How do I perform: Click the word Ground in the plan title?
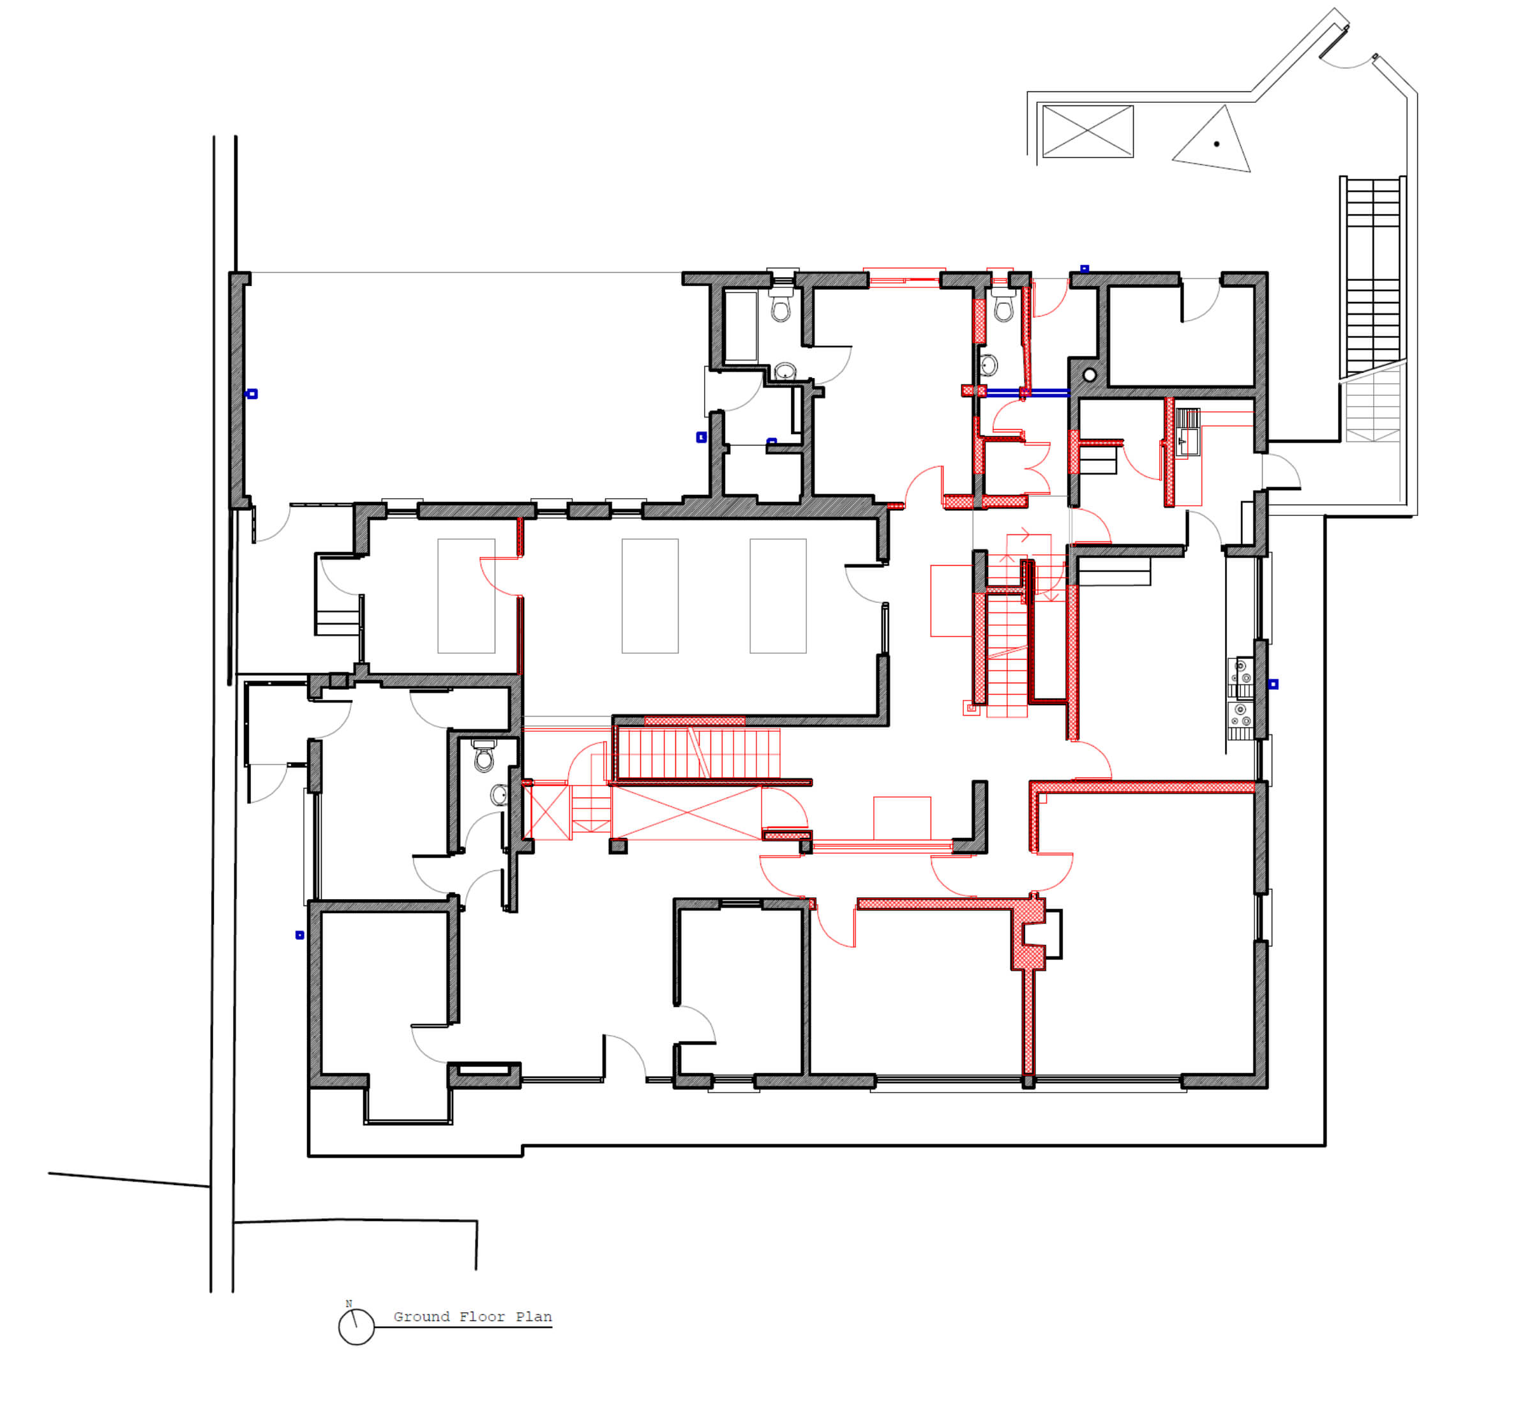pyautogui.click(x=421, y=1317)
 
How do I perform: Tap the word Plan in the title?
pyautogui.click(x=534, y=1317)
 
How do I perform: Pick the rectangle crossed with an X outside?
pyautogui.click(x=1088, y=132)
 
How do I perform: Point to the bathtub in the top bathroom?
pyautogui.click(x=741, y=326)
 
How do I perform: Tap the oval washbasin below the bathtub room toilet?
pyautogui.click(x=785, y=371)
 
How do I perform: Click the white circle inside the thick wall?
pyautogui.click(x=1090, y=375)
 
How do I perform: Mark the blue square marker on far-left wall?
pyautogui.click(x=252, y=394)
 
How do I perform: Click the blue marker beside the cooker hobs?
pyautogui.click(x=1273, y=684)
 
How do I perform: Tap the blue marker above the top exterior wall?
pyautogui.click(x=1085, y=268)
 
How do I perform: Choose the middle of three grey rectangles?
pyautogui.click(x=650, y=596)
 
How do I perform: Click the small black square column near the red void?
pyautogui.click(x=618, y=845)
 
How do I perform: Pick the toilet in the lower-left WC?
pyautogui.click(x=484, y=755)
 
